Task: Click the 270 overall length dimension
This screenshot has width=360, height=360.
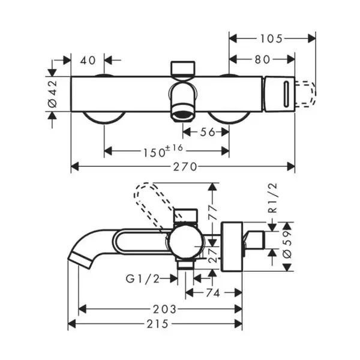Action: pos(185,167)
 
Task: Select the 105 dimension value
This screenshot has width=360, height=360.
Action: pos(271,39)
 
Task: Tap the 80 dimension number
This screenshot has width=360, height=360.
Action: pos(262,59)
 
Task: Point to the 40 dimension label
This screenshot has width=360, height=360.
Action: pos(88,61)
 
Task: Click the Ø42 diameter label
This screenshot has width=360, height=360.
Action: pos(52,94)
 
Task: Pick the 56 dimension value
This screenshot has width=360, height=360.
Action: pos(208,132)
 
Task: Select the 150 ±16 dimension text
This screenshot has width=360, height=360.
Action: pos(163,151)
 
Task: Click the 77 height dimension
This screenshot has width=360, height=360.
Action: pos(213,212)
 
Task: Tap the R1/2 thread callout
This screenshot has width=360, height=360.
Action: pos(273,198)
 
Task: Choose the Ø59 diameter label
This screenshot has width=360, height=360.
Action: pos(287,244)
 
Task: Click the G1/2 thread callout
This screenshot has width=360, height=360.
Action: pos(143,279)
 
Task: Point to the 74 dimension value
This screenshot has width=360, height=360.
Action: pos(213,293)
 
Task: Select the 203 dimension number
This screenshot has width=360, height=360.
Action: pos(164,309)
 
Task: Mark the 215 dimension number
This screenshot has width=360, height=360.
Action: pos(158,324)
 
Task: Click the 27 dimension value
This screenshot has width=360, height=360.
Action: pos(213,255)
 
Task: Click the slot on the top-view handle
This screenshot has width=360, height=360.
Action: pos(286,94)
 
